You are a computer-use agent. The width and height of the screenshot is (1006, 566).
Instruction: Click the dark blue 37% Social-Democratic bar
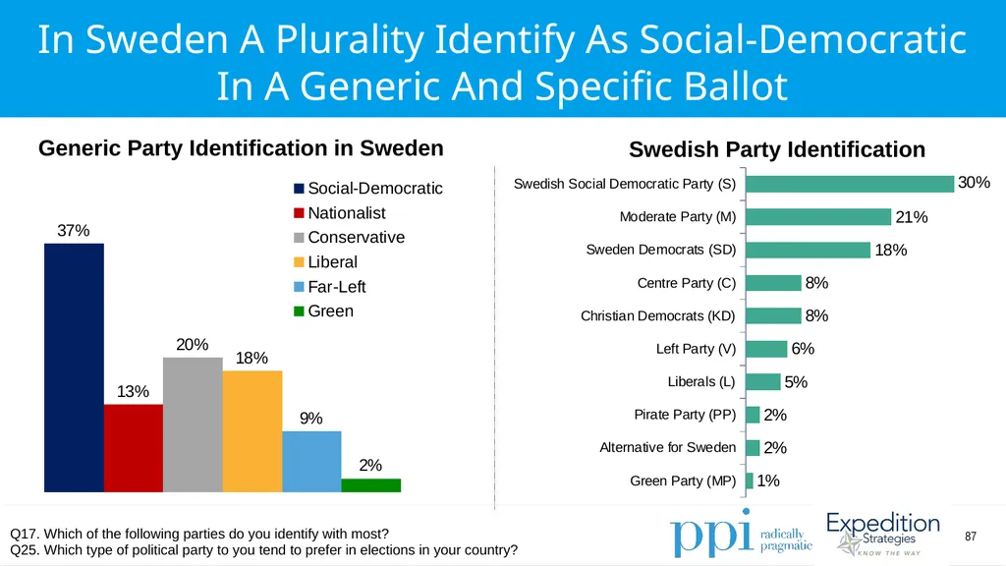(x=74, y=368)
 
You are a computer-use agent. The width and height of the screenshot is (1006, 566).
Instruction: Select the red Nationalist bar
(x=134, y=448)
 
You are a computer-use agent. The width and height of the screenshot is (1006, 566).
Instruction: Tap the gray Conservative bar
(x=193, y=424)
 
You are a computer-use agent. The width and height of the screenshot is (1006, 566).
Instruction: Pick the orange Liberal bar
(x=252, y=431)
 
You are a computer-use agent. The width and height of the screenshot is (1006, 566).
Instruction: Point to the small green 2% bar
(x=370, y=485)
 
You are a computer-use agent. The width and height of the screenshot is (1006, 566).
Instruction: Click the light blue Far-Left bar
(x=311, y=462)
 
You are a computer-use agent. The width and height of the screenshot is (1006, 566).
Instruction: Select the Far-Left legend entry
(x=330, y=287)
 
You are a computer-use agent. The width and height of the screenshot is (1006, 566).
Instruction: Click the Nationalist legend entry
(x=339, y=213)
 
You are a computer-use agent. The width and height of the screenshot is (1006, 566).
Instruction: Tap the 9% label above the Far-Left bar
(x=311, y=419)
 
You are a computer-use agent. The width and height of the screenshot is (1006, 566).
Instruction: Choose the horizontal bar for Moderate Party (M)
(x=818, y=217)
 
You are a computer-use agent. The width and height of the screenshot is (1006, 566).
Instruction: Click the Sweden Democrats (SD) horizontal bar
(x=809, y=250)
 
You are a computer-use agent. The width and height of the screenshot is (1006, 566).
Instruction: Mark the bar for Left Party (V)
(x=766, y=349)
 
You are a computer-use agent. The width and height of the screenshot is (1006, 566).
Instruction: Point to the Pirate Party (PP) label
(x=685, y=415)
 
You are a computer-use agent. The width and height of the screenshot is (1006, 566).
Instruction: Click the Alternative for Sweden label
(x=668, y=447)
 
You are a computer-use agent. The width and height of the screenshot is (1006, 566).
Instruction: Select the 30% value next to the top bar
(x=974, y=183)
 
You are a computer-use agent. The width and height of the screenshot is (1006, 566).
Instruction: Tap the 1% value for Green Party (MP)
(x=768, y=481)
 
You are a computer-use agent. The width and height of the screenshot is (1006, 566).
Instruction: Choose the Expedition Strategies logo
(x=883, y=534)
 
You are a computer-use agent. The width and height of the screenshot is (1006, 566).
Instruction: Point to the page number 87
(x=971, y=537)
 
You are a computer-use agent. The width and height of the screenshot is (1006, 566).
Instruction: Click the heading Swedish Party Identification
(x=777, y=149)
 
